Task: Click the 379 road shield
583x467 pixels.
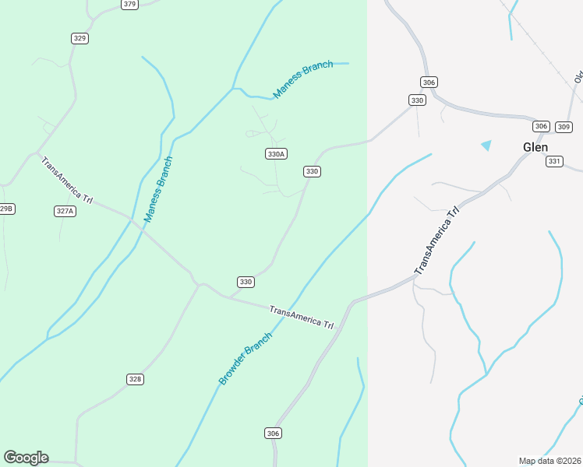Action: pos(129,4)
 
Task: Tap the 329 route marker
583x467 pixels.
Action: pos(79,38)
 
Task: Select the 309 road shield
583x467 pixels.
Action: pos(564,127)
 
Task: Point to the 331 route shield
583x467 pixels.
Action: pos(554,161)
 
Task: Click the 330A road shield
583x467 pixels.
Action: pos(276,154)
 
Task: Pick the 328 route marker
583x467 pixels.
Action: pos(135,379)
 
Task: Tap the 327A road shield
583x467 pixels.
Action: pos(65,211)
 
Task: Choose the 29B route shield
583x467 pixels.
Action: pos(5,209)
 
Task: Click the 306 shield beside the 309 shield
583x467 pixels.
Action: pos(542,126)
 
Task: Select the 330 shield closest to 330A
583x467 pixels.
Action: pos(312,171)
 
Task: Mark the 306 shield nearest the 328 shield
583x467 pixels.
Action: pos(272,434)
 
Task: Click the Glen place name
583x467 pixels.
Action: pos(535,147)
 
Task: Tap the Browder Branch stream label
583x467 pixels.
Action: pos(246,359)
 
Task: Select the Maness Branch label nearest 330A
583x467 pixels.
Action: pos(302,79)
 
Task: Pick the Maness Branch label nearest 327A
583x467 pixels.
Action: pos(158,189)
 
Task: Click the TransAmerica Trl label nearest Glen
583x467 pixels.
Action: pos(438,240)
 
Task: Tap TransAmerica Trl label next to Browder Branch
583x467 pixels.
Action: pos(302,318)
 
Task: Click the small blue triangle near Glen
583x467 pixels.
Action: pos(487,146)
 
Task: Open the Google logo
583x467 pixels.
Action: pos(26,458)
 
